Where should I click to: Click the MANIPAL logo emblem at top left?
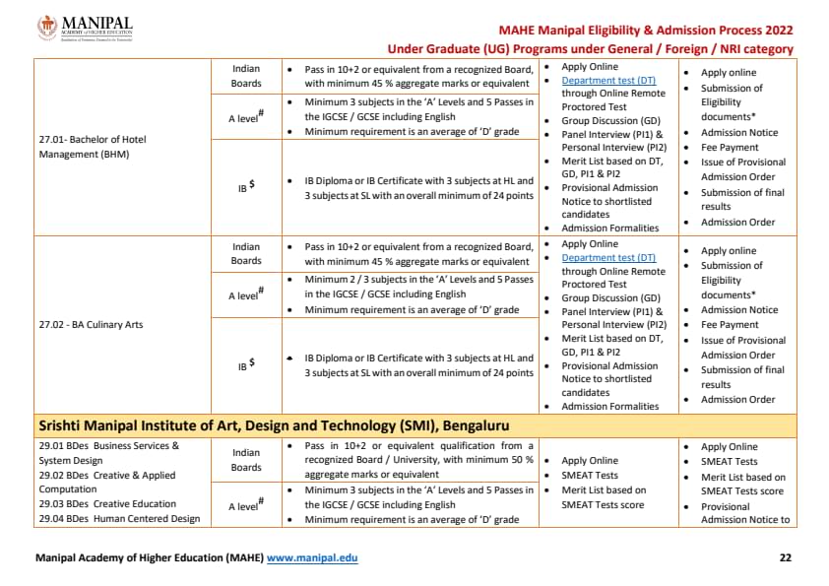[47, 28]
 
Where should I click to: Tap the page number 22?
[785, 558]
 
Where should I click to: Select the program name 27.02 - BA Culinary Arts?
[90, 325]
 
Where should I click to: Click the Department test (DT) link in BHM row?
[607, 80]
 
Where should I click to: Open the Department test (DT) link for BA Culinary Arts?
[607, 258]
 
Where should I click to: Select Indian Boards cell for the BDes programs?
[246, 460]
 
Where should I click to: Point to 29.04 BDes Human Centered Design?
[118, 519]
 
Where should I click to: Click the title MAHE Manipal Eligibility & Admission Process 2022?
[645, 31]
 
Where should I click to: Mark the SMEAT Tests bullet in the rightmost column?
[729, 461]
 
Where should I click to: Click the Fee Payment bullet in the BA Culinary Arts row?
[730, 325]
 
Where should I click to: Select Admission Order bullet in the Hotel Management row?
[737, 222]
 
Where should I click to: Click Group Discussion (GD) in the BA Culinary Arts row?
[610, 297]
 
